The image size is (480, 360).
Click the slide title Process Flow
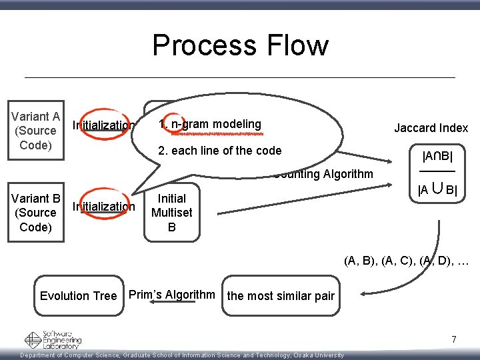coord(240,45)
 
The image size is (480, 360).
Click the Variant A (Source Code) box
coord(36,131)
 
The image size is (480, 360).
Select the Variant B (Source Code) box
coord(36,213)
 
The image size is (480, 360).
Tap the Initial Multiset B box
coord(171,213)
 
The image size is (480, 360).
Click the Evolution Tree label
coord(78,296)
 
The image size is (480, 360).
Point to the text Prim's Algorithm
coord(171,295)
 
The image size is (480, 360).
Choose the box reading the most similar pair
coord(281,296)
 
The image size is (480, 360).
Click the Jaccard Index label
coord(431,128)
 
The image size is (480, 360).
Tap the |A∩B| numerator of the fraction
coord(438,157)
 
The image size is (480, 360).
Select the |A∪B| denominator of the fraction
coord(437,190)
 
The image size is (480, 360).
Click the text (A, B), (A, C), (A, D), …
coord(407,261)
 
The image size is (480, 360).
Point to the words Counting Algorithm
coord(323,175)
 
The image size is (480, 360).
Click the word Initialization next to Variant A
coord(103,125)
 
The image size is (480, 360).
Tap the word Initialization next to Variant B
coord(103,206)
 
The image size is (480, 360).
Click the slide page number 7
coord(454,340)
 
